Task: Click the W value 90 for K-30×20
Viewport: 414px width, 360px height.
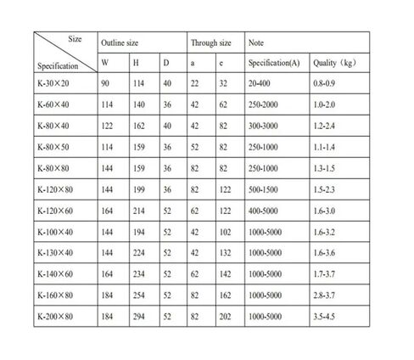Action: pyautogui.click(x=105, y=85)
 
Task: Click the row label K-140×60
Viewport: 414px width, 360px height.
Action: pyautogui.click(x=57, y=274)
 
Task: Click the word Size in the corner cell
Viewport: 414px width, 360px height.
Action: pyautogui.click(x=74, y=37)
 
